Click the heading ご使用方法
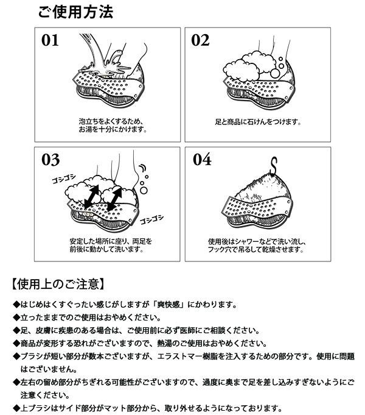75,12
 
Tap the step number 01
50,40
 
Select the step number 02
200,40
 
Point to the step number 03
50,160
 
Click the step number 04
202,159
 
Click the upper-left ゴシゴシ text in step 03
63,179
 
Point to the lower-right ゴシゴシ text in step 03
151,219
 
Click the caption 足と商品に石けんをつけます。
258,122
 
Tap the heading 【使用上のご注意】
58,284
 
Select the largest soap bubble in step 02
274,73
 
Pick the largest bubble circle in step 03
144,190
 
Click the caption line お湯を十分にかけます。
113,129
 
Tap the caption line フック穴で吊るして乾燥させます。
255,249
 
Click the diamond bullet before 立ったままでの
16,317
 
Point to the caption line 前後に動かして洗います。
106,249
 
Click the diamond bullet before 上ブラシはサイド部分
16,408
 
